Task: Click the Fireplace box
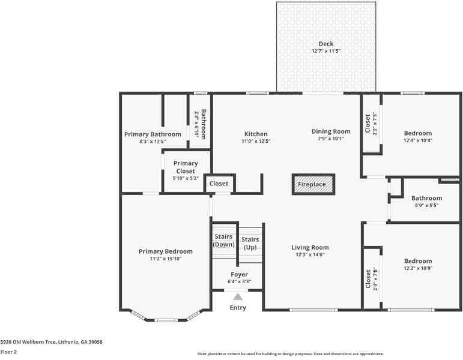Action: click(x=312, y=184)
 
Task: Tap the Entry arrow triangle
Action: click(x=238, y=296)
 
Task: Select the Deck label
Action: click(x=326, y=44)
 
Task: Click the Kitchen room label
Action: click(x=256, y=134)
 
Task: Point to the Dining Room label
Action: click(x=331, y=131)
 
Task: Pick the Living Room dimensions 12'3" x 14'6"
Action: click(x=310, y=254)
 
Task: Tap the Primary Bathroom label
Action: click(x=153, y=134)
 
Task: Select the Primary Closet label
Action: click(x=186, y=167)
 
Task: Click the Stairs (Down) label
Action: click(x=224, y=240)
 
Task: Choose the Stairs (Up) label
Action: click(x=250, y=243)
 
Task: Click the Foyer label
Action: click(x=239, y=274)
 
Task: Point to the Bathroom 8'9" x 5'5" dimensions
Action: click(x=426, y=205)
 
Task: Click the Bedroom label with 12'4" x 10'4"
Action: click(x=417, y=133)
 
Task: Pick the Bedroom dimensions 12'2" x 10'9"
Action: click(x=418, y=268)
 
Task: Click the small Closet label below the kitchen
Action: click(x=219, y=184)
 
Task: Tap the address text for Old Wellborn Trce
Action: click(x=51, y=341)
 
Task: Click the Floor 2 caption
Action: click(x=8, y=352)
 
